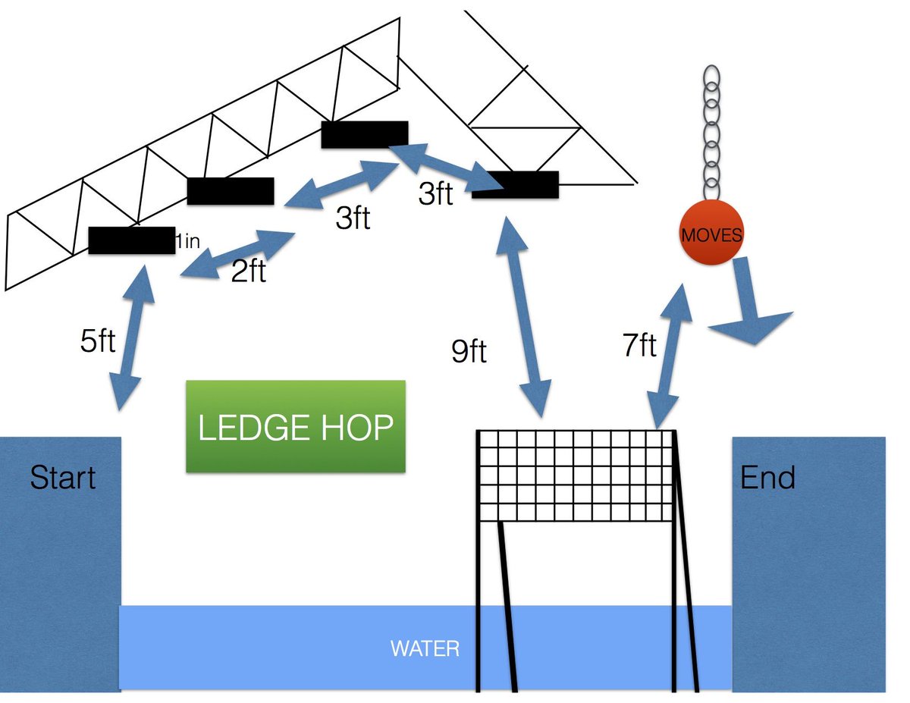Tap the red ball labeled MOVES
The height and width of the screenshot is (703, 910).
pyautogui.click(x=711, y=234)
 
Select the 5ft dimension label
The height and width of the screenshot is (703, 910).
pyautogui.click(x=98, y=341)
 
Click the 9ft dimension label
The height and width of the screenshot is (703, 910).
pyautogui.click(x=469, y=352)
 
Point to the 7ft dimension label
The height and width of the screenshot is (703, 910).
pyautogui.click(x=639, y=346)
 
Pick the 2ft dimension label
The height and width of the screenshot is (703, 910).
pyautogui.click(x=249, y=271)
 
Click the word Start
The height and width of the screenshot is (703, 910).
pyautogui.click(x=63, y=478)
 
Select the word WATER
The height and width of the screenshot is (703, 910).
pyautogui.click(x=425, y=649)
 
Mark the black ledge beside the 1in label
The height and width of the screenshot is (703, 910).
pyautogui.click(x=130, y=240)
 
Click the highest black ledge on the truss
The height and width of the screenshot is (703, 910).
pyautogui.click(x=365, y=134)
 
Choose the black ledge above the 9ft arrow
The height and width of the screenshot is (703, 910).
pyautogui.click(x=516, y=184)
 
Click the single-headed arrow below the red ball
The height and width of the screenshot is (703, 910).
pyautogui.click(x=751, y=303)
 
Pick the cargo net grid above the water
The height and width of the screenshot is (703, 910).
pyautogui.click(x=575, y=476)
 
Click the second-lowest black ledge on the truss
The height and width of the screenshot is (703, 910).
pyautogui.click(x=230, y=191)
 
